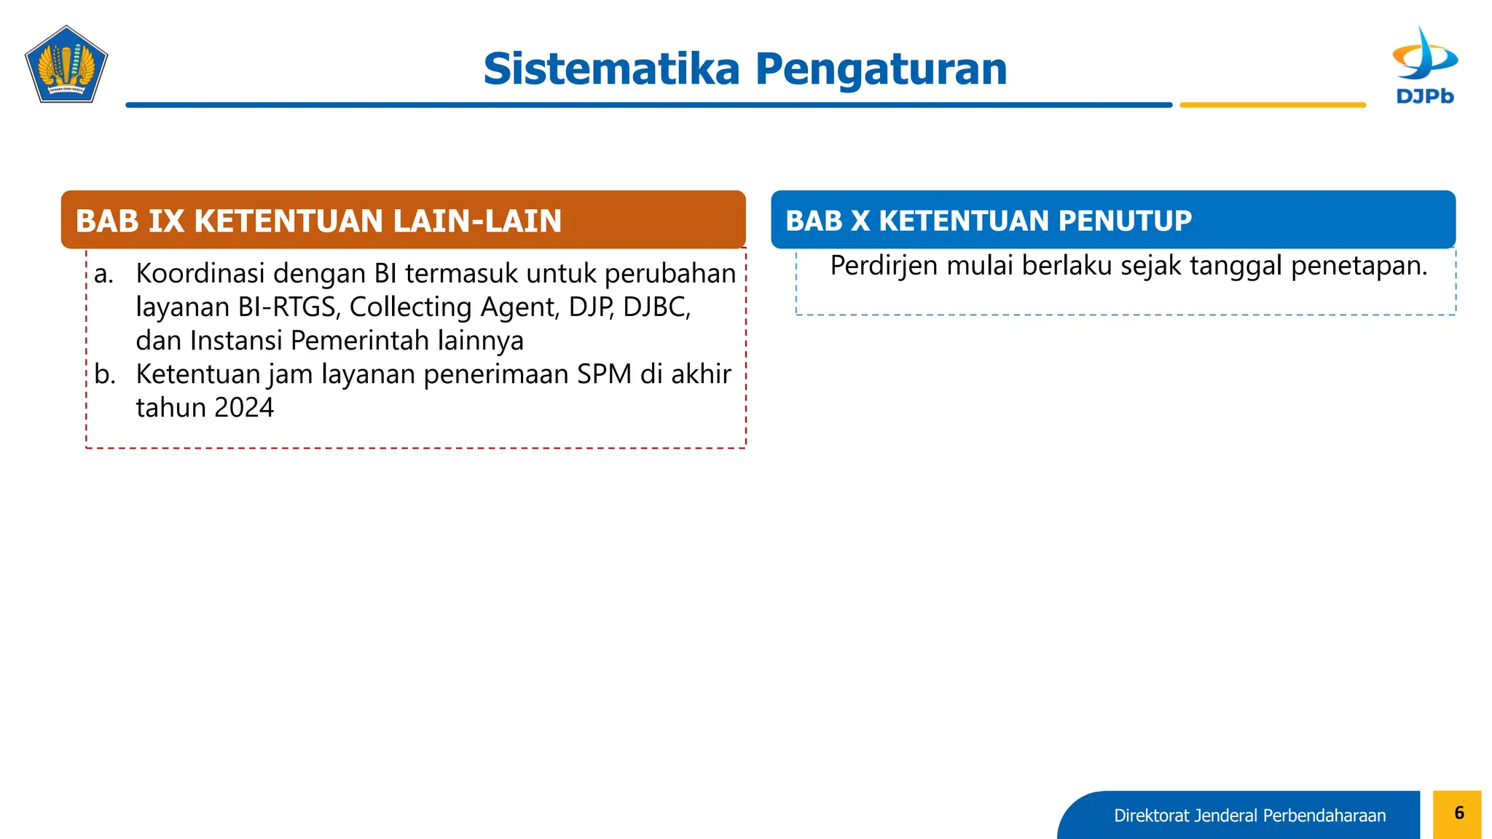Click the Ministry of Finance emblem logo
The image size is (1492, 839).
pos(66,65)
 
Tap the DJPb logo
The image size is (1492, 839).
pos(1425,66)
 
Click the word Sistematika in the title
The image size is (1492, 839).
pos(611,69)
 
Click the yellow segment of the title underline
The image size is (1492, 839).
pos(1272,105)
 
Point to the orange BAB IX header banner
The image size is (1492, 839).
pos(403,220)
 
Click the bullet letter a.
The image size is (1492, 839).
pos(104,274)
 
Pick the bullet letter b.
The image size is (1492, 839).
pos(105,374)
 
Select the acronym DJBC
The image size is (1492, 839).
pos(656,307)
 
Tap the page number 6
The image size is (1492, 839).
pos(1458,814)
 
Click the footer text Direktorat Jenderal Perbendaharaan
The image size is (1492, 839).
pos(1249,816)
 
